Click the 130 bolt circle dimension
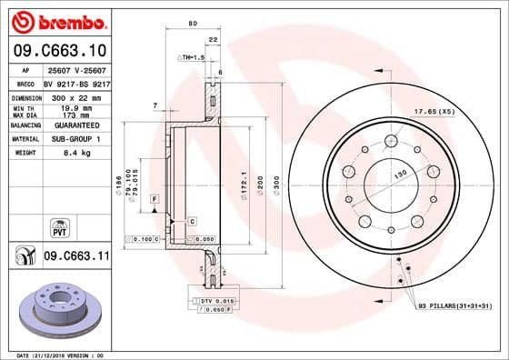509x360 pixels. [x=397, y=173]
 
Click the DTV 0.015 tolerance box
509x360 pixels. [x=216, y=300]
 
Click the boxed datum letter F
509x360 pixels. [x=155, y=197]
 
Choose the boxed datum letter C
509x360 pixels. [x=192, y=221]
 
